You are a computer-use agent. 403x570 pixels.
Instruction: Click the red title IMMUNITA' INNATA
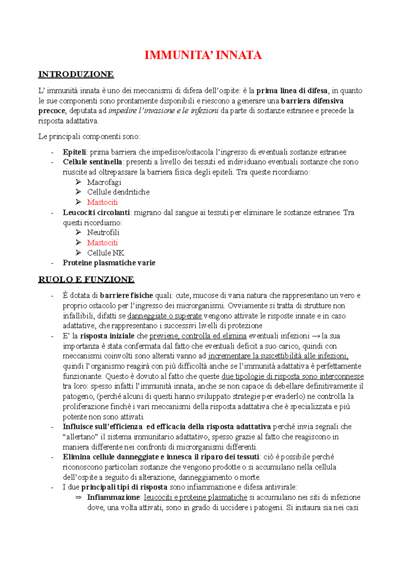[203, 55]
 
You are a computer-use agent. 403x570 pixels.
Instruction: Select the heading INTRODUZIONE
[76, 74]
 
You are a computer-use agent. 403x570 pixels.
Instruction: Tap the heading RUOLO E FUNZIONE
[86, 280]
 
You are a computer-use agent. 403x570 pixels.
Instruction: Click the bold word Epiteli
[74, 152]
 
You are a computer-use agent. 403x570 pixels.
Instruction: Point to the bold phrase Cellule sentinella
[92, 162]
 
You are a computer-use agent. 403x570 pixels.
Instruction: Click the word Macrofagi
[104, 182]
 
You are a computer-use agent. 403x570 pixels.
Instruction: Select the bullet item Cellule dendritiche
[118, 192]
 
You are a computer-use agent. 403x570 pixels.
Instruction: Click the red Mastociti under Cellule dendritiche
[102, 202]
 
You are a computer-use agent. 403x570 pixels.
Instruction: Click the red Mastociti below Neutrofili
[102, 243]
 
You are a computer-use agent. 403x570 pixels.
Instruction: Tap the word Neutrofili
[103, 232]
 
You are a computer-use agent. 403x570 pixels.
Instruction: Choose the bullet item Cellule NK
[105, 253]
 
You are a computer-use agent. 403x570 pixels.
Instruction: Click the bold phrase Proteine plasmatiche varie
[109, 263]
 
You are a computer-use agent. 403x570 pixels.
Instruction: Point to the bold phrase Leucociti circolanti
[96, 212]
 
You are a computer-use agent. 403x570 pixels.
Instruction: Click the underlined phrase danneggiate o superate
[165, 316]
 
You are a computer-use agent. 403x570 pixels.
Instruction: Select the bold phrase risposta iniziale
[107, 336]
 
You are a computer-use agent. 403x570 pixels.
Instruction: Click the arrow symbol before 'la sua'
[316, 336]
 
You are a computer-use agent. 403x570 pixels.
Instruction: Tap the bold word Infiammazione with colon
[114, 497]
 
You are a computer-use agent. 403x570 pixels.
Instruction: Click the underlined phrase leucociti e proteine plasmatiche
[195, 497]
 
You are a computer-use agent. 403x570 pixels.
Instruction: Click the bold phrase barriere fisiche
[127, 296]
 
